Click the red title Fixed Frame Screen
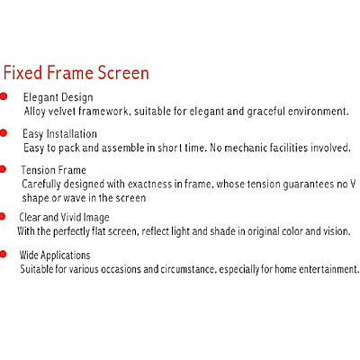(76, 73)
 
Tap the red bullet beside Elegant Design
(4, 96)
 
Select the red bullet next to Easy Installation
(4, 133)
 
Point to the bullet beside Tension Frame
(3, 169)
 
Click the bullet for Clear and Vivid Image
(3, 216)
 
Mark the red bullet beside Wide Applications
(3, 255)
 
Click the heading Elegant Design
(58, 97)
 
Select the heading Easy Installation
(59, 134)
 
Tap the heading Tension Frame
(54, 170)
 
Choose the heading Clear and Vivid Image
(64, 217)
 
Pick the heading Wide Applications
(55, 256)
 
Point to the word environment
(318, 112)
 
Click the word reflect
(155, 231)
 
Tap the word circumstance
(188, 269)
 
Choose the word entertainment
(329, 269)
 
